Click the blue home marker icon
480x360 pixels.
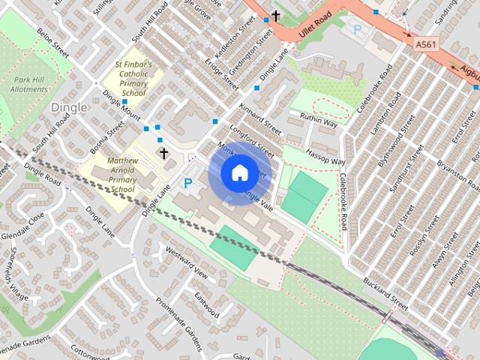pos(238,172)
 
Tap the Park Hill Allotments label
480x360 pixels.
pos(30,84)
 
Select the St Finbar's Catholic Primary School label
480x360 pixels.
pos(133,79)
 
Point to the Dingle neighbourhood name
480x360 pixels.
pos(69,108)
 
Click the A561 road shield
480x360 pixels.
pos(426,46)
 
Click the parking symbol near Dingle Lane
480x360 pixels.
pos(188,182)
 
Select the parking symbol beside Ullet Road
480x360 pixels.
pos(358,31)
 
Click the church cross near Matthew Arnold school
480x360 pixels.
pos(163,153)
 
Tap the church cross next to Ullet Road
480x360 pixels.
pos(276,15)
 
